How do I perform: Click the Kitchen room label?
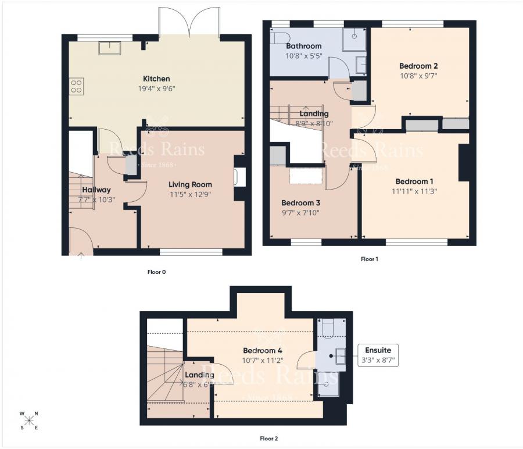pyautogui.click(x=157, y=79)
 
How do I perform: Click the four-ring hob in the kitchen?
pyautogui.click(x=77, y=86)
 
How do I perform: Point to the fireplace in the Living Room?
pyautogui.click(x=239, y=177)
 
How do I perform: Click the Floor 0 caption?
pyautogui.click(x=157, y=272)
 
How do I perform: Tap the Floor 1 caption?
pyautogui.click(x=369, y=259)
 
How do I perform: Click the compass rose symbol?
pyautogui.click(x=28, y=421)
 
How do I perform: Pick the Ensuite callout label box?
pyautogui.click(x=378, y=355)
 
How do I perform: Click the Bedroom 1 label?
pyautogui.click(x=415, y=180)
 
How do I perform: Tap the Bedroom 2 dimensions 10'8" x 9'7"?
pyautogui.click(x=418, y=75)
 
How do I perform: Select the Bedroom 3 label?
pyautogui.click(x=300, y=203)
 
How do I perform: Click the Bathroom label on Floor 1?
pyautogui.click(x=303, y=46)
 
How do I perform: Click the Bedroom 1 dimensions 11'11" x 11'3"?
pyautogui.click(x=414, y=190)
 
